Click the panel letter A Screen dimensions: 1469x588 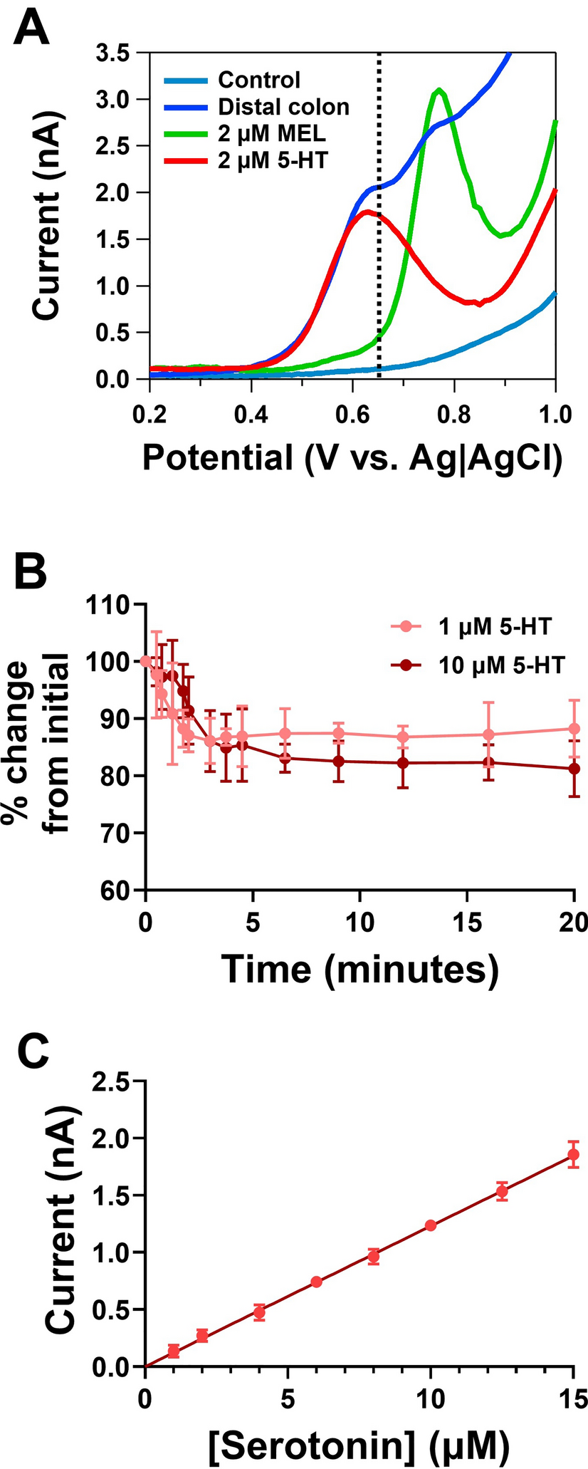[x=35, y=30]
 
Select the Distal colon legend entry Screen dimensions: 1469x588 [x=283, y=107]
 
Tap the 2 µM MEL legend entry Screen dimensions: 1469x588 [x=273, y=134]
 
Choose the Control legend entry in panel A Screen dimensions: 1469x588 [x=259, y=80]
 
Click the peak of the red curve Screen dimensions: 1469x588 [x=366, y=212]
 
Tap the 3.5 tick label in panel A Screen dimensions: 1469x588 [x=117, y=53]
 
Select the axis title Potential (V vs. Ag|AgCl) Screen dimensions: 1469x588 [x=352, y=459]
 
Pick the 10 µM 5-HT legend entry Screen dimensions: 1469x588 [x=501, y=665]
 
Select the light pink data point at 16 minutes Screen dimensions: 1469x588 [x=488, y=734]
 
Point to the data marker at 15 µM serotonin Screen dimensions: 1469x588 [x=573, y=1154]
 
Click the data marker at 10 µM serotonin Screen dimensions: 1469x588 [x=430, y=1225]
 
